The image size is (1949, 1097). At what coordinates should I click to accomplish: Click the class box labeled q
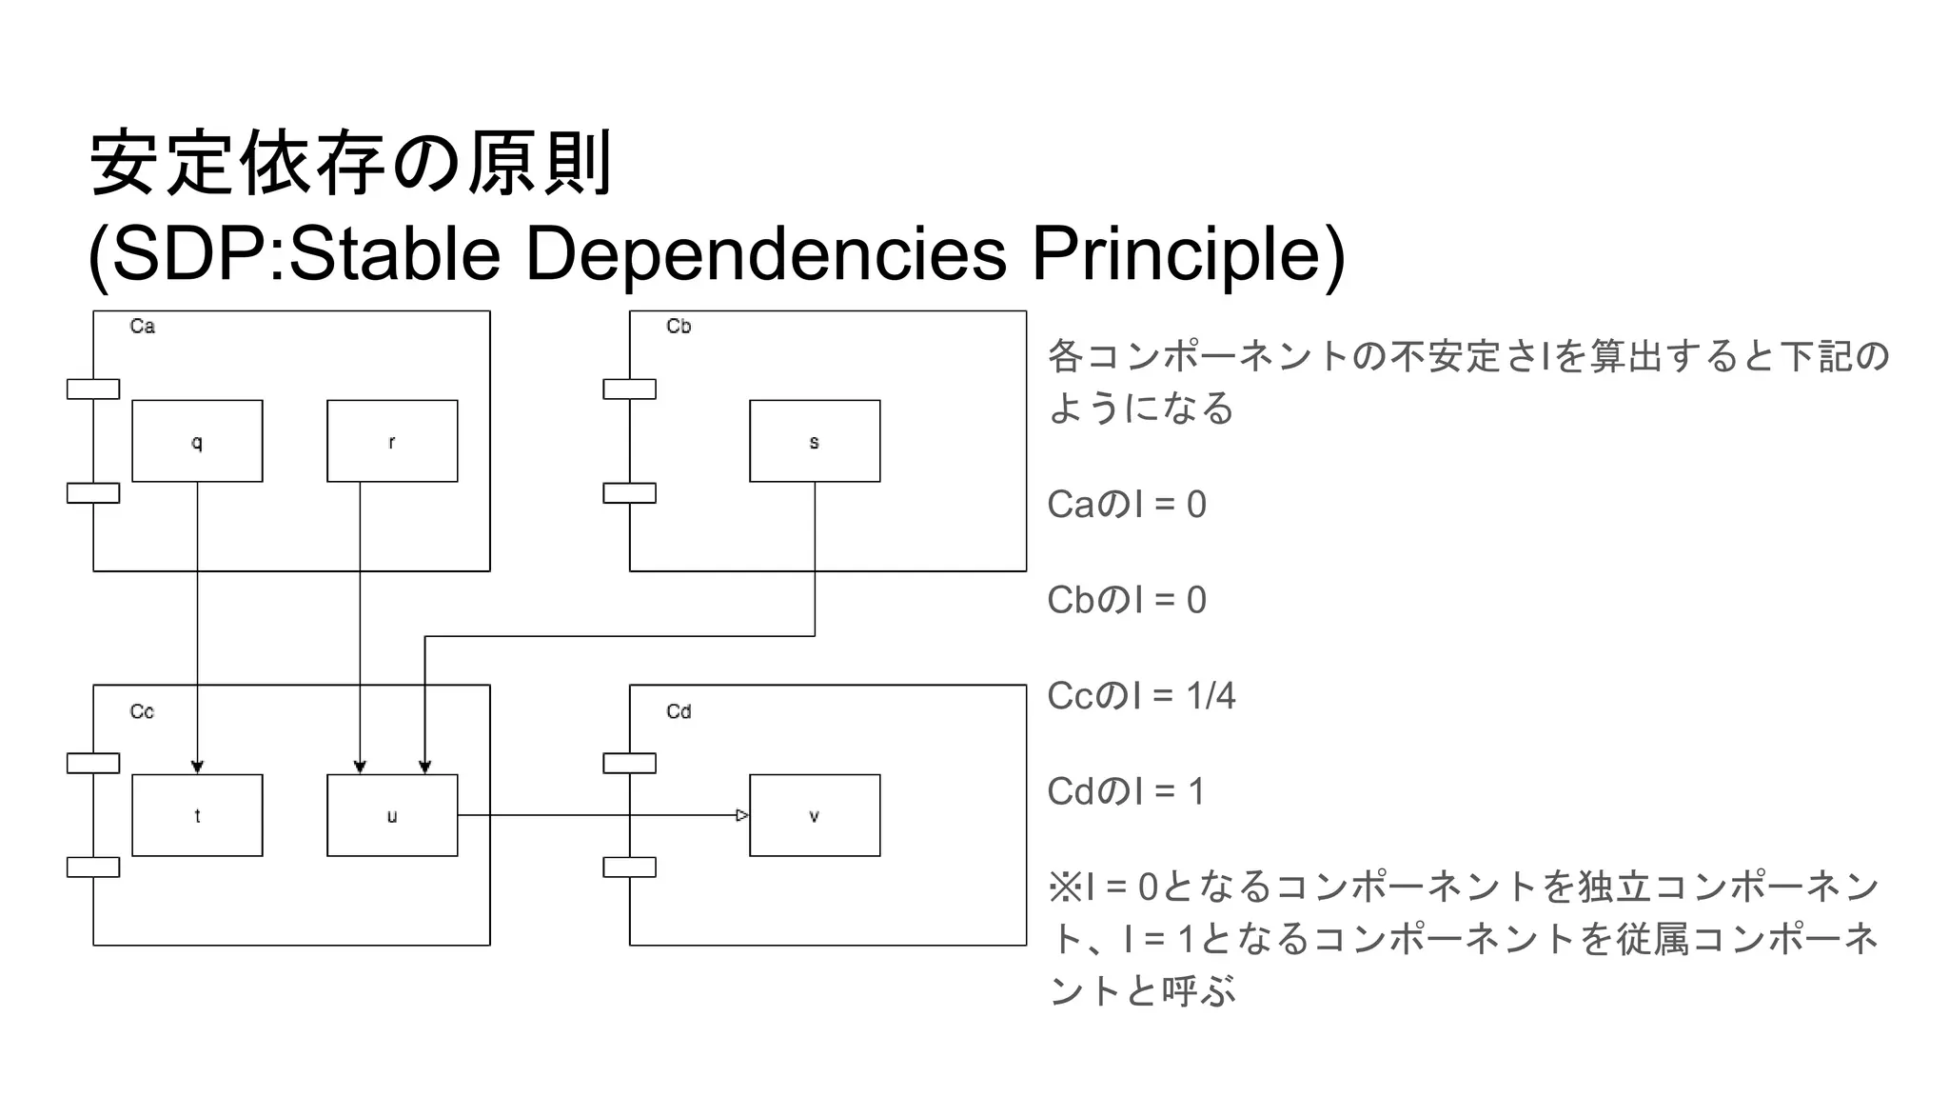(197, 441)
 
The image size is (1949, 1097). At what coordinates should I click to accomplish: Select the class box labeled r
(392, 441)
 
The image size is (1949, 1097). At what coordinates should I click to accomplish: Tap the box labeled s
(815, 441)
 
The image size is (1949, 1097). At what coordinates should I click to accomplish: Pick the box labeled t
(197, 815)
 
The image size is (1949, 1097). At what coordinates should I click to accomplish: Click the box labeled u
(392, 815)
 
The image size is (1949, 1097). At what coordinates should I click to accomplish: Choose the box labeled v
(815, 815)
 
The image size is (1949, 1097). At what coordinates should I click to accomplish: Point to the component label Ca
(142, 327)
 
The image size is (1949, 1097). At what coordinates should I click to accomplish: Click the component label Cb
(679, 327)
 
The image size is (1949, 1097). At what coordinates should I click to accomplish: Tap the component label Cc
(142, 712)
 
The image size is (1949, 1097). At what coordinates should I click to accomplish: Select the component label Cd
(679, 712)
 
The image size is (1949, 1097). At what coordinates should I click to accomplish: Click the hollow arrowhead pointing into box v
(742, 815)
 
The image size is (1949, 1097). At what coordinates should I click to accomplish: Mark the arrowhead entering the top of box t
(197, 767)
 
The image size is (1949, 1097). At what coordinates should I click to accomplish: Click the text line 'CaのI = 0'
(1126, 505)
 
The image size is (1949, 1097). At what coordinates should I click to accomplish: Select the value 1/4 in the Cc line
(1211, 696)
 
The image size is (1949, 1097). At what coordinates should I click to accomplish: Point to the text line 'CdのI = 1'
(1126, 791)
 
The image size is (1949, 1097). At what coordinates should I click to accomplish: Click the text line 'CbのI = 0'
(1126, 600)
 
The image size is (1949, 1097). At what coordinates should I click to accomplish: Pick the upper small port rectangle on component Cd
(629, 763)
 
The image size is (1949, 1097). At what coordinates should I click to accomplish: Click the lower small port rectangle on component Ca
(93, 493)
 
